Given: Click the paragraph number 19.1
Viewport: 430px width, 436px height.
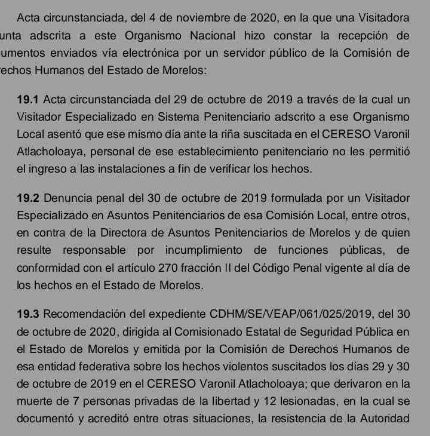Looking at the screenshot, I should point(29,98).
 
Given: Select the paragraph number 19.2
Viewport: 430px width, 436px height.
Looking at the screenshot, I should point(29,196).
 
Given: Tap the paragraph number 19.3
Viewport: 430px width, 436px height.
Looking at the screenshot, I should point(29,314).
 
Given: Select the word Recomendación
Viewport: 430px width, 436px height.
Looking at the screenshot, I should point(85,314).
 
